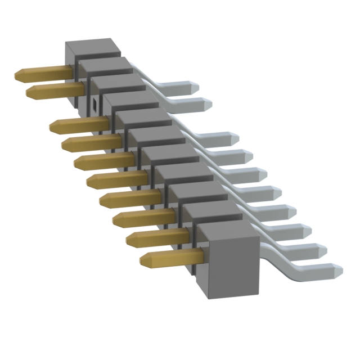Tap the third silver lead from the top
coord(219,137)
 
